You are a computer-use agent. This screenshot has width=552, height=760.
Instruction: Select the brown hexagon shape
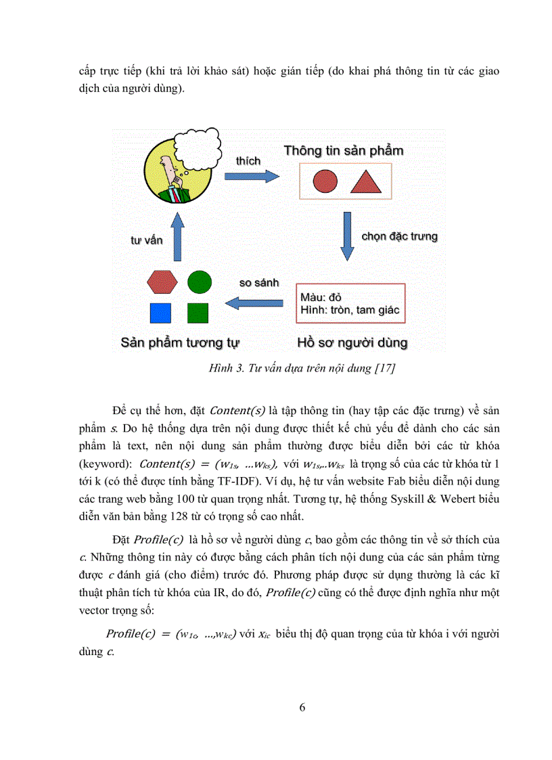click(x=162, y=281)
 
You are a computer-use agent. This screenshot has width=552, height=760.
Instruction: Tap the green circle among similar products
click(x=199, y=281)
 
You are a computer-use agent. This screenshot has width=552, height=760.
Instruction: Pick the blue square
click(x=160, y=313)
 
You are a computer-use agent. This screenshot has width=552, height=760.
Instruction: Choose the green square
click(x=198, y=313)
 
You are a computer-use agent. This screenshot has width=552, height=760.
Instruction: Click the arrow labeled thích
click(x=251, y=175)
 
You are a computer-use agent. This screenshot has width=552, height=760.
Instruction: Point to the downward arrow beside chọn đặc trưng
click(x=347, y=236)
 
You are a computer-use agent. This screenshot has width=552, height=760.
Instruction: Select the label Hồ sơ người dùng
click(x=352, y=342)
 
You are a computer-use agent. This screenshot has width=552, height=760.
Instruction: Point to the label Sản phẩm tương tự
click(x=181, y=342)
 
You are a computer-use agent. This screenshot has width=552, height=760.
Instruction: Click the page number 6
click(x=302, y=708)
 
